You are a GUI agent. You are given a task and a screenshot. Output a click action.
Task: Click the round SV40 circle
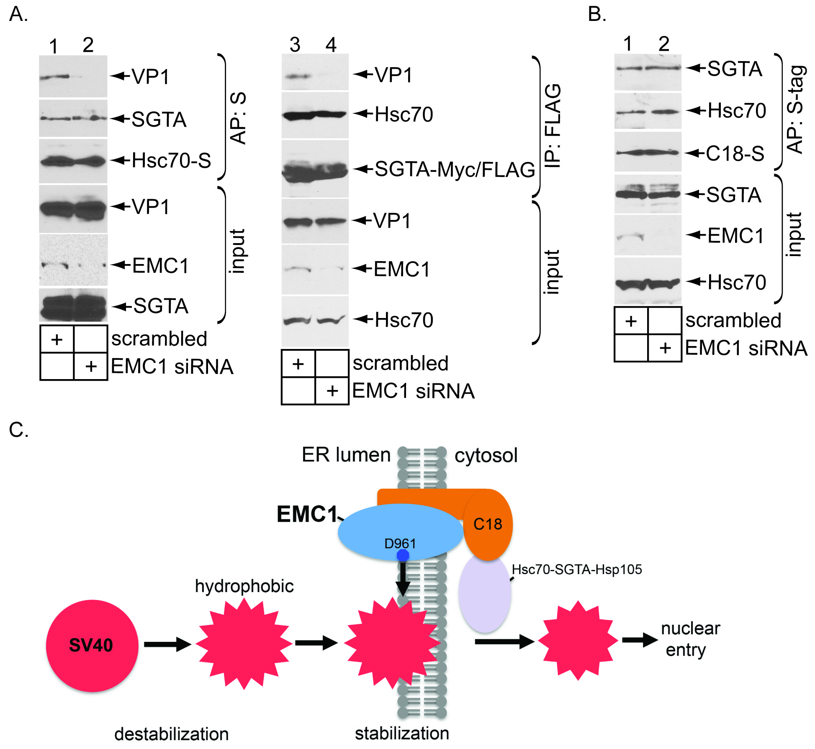click(92, 645)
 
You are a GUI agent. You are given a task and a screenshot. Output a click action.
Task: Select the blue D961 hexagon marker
click(403, 555)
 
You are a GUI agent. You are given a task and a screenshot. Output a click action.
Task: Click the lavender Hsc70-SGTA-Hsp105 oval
click(484, 594)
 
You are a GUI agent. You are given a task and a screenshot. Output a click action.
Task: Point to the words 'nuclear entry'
click(689, 639)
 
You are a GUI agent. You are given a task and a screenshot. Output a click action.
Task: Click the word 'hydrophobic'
click(244, 586)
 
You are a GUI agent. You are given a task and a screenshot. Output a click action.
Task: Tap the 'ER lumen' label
click(346, 455)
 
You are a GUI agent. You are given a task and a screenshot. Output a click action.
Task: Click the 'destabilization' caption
click(171, 734)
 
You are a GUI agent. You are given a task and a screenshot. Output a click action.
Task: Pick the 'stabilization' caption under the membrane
click(401, 733)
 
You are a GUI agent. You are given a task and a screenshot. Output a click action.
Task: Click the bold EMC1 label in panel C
click(307, 514)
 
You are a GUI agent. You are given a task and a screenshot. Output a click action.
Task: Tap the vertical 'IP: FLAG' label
click(553, 126)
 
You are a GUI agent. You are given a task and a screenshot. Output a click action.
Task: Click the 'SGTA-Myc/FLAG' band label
click(455, 169)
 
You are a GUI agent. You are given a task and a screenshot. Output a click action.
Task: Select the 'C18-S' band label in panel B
click(735, 154)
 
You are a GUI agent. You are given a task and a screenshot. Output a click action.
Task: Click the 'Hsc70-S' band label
click(171, 161)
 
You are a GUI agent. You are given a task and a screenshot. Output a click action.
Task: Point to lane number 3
click(295, 45)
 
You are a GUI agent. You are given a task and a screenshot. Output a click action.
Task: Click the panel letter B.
click(596, 14)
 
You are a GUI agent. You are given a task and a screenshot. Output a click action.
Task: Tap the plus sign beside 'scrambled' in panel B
click(631, 321)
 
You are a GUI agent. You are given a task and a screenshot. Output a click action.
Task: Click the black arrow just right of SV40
click(167, 644)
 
